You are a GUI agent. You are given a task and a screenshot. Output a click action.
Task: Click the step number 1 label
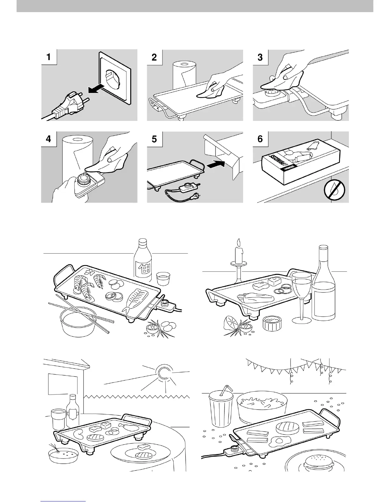point(48,57)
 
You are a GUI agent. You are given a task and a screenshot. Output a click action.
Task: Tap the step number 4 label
point(48,139)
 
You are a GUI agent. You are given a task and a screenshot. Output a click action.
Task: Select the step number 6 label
point(260,139)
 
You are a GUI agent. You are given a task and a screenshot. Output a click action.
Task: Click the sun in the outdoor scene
point(163,374)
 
